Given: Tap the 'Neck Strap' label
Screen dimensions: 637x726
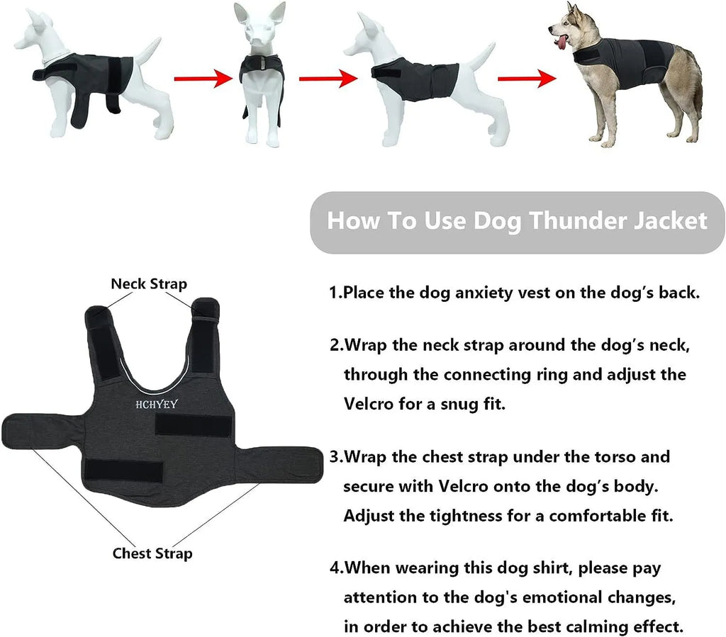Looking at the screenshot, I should pos(149,284).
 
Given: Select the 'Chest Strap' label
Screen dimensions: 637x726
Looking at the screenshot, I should pos(152,553).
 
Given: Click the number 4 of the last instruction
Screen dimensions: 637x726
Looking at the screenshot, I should pos(334,568).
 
